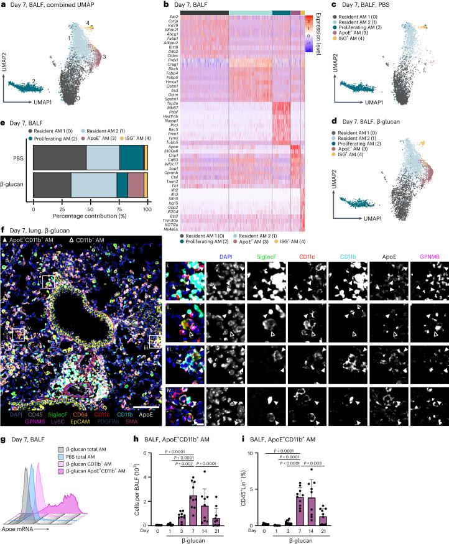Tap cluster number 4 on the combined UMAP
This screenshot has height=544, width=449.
[x=89, y=23]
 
